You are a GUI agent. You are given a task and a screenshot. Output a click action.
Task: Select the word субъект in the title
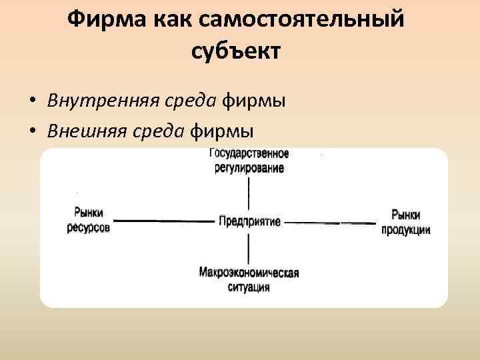(237, 50)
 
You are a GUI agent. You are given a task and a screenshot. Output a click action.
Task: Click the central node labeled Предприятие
(249, 221)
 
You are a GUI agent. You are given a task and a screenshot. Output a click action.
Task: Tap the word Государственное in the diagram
(249, 154)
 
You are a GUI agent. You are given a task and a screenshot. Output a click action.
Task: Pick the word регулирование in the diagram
(249, 168)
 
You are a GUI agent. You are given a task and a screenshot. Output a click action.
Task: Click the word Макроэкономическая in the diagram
(248, 273)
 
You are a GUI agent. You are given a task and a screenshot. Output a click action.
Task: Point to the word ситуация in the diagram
(248, 287)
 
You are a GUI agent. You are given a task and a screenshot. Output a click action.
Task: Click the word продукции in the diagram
(405, 229)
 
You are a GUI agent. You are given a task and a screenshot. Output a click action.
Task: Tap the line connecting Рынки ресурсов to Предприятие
(163, 221)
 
